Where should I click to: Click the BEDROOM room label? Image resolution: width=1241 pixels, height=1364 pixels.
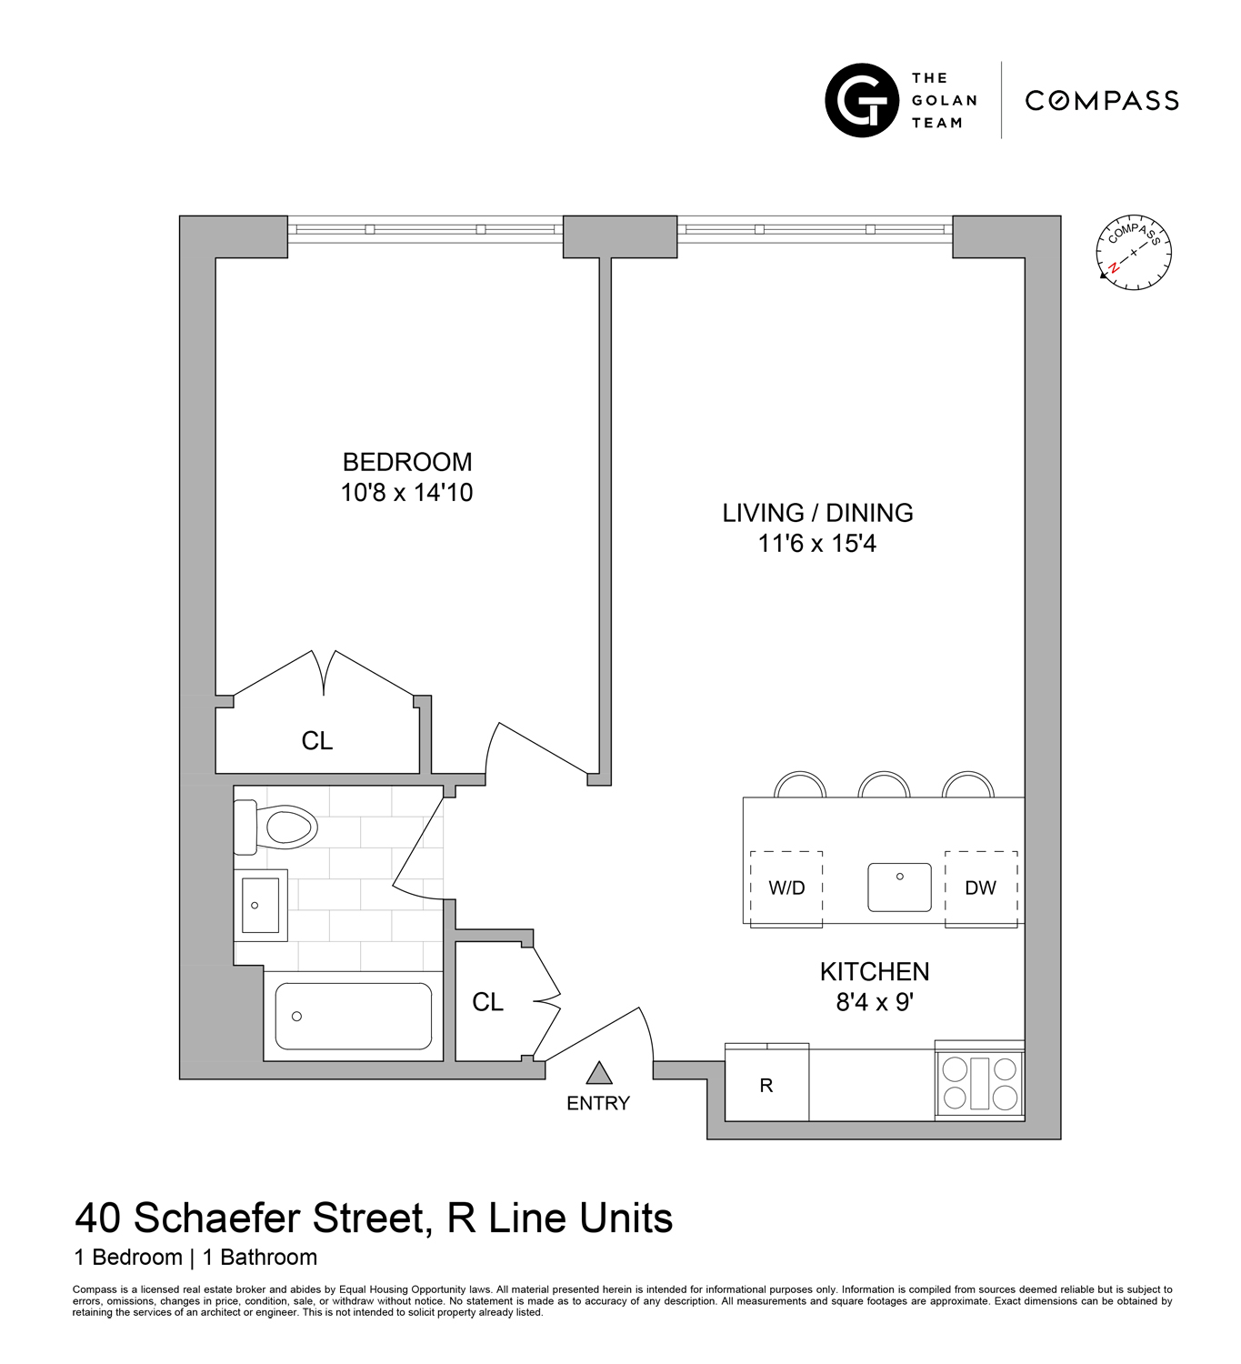tap(406, 462)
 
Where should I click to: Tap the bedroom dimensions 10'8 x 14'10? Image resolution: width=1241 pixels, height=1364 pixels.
tap(406, 493)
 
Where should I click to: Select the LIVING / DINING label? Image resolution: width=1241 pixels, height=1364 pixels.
tap(817, 513)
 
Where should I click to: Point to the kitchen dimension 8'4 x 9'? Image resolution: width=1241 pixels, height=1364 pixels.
tap(874, 1002)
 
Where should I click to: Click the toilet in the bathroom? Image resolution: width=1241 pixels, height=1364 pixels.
tap(277, 827)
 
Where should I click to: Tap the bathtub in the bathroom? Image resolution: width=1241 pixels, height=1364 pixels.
tap(354, 1016)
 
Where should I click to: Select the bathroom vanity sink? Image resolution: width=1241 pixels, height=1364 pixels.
tap(261, 905)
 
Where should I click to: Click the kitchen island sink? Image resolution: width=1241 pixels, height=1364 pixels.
tap(899, 887)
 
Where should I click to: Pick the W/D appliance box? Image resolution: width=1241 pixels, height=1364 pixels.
tap(786, 888)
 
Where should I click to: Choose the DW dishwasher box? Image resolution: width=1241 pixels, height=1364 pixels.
tap(980, 888)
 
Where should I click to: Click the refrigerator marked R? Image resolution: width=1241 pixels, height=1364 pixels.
tap(766, 1084)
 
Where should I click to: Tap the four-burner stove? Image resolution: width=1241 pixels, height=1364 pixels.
tap(979, 1083)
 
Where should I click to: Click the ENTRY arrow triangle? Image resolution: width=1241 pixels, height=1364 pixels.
tap(598, 1074)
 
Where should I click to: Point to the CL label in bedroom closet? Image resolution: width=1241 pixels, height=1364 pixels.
tap(317, 741)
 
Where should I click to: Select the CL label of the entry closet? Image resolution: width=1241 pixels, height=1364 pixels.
tap(487, 1002)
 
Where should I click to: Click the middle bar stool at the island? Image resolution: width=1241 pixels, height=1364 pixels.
tap(884, 785)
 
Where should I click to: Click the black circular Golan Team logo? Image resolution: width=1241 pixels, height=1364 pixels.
tap(861, 100)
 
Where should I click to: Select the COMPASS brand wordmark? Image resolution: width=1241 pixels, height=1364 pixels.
tap(1102, 100)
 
